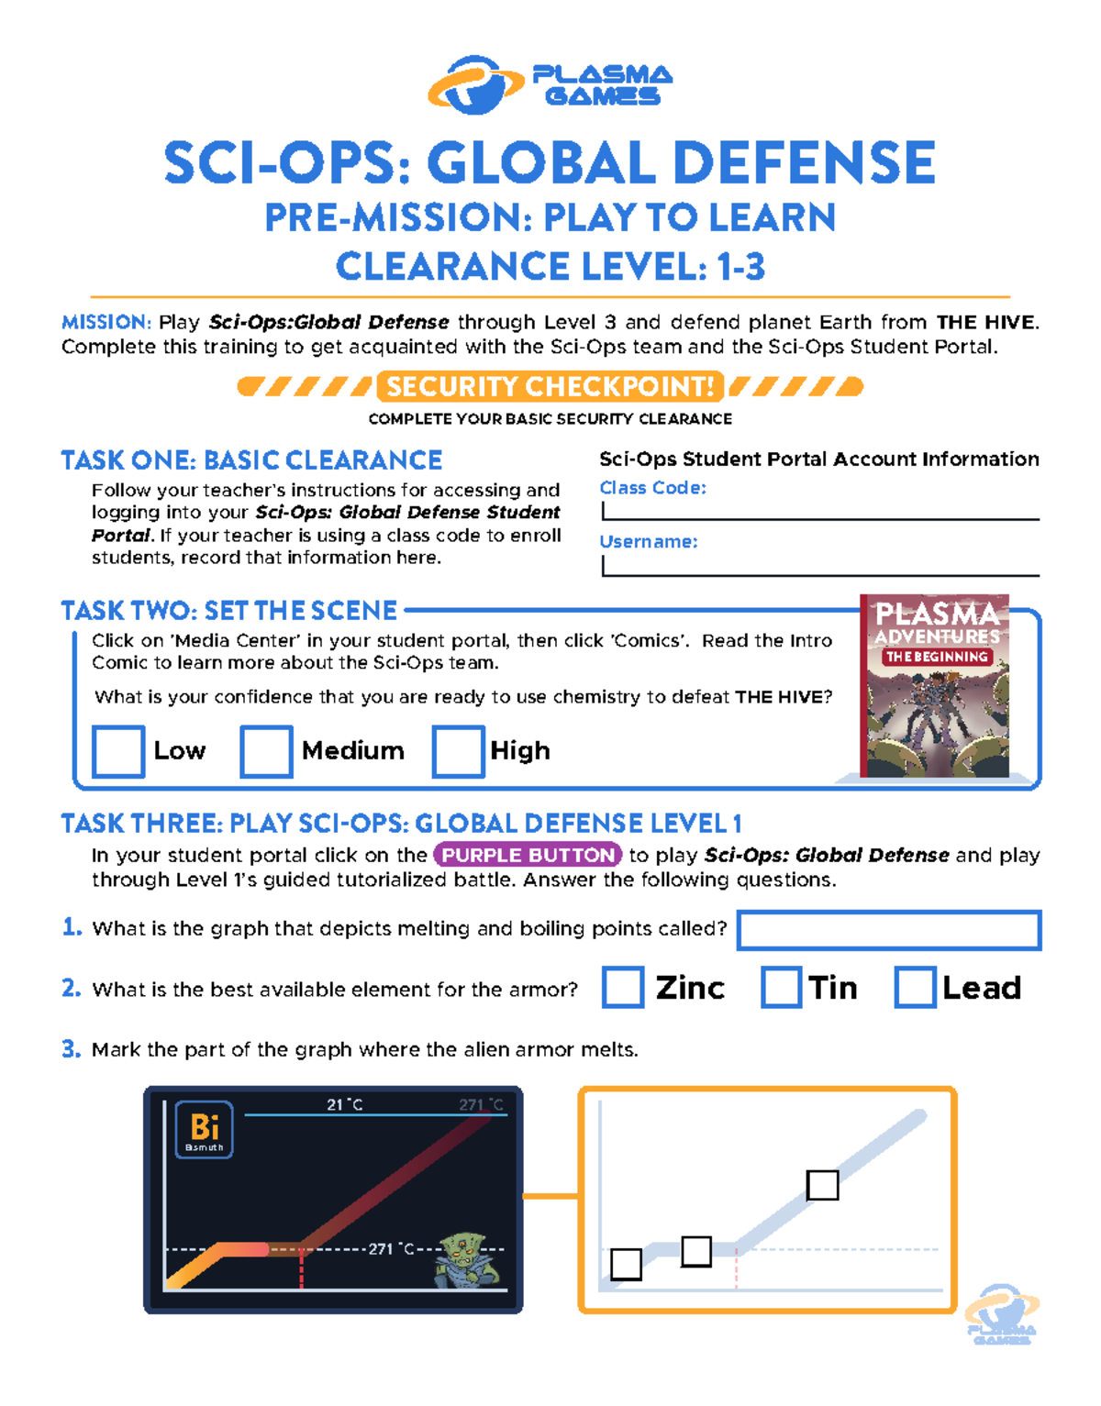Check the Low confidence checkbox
coord(118,751)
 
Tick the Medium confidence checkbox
coord(266,751)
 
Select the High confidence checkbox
coord(458,751)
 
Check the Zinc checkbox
coord(623,988)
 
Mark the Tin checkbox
coord(782,988)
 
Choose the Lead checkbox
coord(916,988)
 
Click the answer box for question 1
coord(889,930)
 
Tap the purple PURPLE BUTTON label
coord(528,855)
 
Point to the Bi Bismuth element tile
coord(204,1129)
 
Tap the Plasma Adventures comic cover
coord(935,686)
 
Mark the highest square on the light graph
coord(822,1185)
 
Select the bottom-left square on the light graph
coord(626,1264)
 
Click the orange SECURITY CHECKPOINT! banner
coord(550,386)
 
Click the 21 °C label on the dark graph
coord(344,1105)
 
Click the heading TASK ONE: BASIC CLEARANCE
coord(251,459)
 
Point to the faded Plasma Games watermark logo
coord(1002,1314)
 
